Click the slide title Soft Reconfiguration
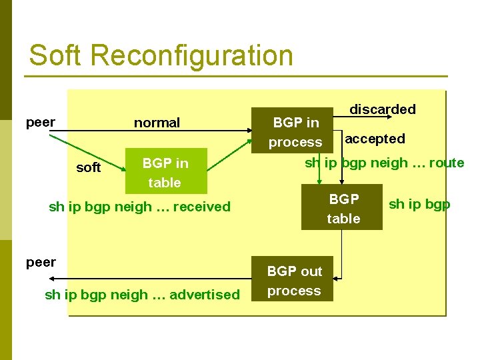point(161,55)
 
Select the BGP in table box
point(165,172)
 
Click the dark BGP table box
point(342,208)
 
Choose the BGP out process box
point(294,281)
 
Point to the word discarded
point(383,109)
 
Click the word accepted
point(375,139)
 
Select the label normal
point(157,123)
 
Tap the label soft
point(89,167)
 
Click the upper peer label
point(40,123)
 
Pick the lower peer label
point(41,262)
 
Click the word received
point(201,207)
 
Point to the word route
point(447,163)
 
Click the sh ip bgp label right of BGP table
point(419,204)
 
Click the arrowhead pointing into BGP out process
point(337,279)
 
